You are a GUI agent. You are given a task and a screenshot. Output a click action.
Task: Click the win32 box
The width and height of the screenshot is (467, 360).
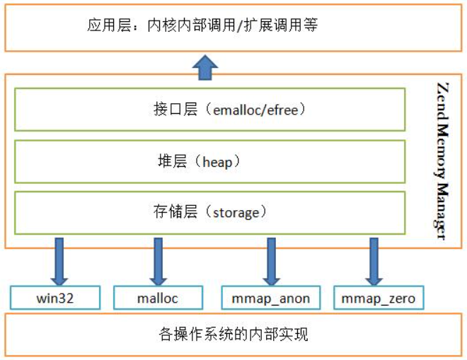click(55, 298)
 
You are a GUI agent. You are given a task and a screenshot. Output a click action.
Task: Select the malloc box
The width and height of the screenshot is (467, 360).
click(158, 298)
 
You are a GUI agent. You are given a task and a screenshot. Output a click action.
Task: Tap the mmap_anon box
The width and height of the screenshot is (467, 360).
click(271, 298)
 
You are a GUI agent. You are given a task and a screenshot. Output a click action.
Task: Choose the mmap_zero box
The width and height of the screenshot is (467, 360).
click(379, 298)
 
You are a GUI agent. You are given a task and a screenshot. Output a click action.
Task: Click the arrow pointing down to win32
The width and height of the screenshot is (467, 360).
click(59, 262)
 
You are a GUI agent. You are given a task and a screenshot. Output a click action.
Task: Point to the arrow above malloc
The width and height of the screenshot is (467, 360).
click(158, 262)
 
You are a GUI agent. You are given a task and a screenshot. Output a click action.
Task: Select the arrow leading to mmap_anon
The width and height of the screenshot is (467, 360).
click(271, 262)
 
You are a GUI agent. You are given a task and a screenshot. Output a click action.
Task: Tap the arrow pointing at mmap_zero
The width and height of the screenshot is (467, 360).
click(374, 262)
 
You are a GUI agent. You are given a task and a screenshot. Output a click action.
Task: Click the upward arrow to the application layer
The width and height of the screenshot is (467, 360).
click(205, 68)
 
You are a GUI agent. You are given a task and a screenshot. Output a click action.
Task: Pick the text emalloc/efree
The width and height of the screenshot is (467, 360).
click(255, 110)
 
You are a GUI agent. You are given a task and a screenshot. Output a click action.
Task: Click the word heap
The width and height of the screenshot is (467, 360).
click(217, 162)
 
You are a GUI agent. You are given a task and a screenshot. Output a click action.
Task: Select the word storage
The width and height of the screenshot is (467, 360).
click(236, 213)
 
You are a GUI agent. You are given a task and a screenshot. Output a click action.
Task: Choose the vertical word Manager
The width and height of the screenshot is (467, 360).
click(442, 211)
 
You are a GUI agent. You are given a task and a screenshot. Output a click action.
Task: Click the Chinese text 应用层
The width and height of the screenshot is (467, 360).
click(109, 25)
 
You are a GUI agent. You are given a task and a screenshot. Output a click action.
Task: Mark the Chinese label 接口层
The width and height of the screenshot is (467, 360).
click(175, 110)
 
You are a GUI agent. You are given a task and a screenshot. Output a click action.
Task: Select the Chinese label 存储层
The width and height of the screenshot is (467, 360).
click(175, 211)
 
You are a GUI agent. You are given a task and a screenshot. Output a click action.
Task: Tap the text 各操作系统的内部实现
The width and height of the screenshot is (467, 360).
click(233, 334)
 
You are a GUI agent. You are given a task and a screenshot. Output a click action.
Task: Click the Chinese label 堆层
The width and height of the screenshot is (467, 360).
click(173, 161)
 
